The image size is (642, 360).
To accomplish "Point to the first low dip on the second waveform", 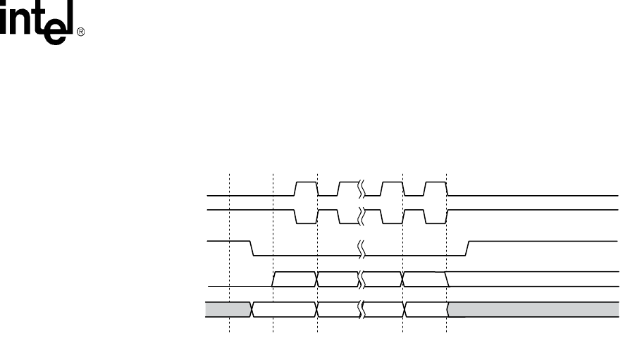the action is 305,216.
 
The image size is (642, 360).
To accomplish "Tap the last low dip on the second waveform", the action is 435,216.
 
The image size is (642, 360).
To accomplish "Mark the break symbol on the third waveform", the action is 361,248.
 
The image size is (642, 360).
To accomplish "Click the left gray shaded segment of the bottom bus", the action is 228,310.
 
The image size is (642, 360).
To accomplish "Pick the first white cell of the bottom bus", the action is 285,310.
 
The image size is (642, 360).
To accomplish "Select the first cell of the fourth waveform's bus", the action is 295,279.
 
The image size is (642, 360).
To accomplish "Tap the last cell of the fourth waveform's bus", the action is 424,279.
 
